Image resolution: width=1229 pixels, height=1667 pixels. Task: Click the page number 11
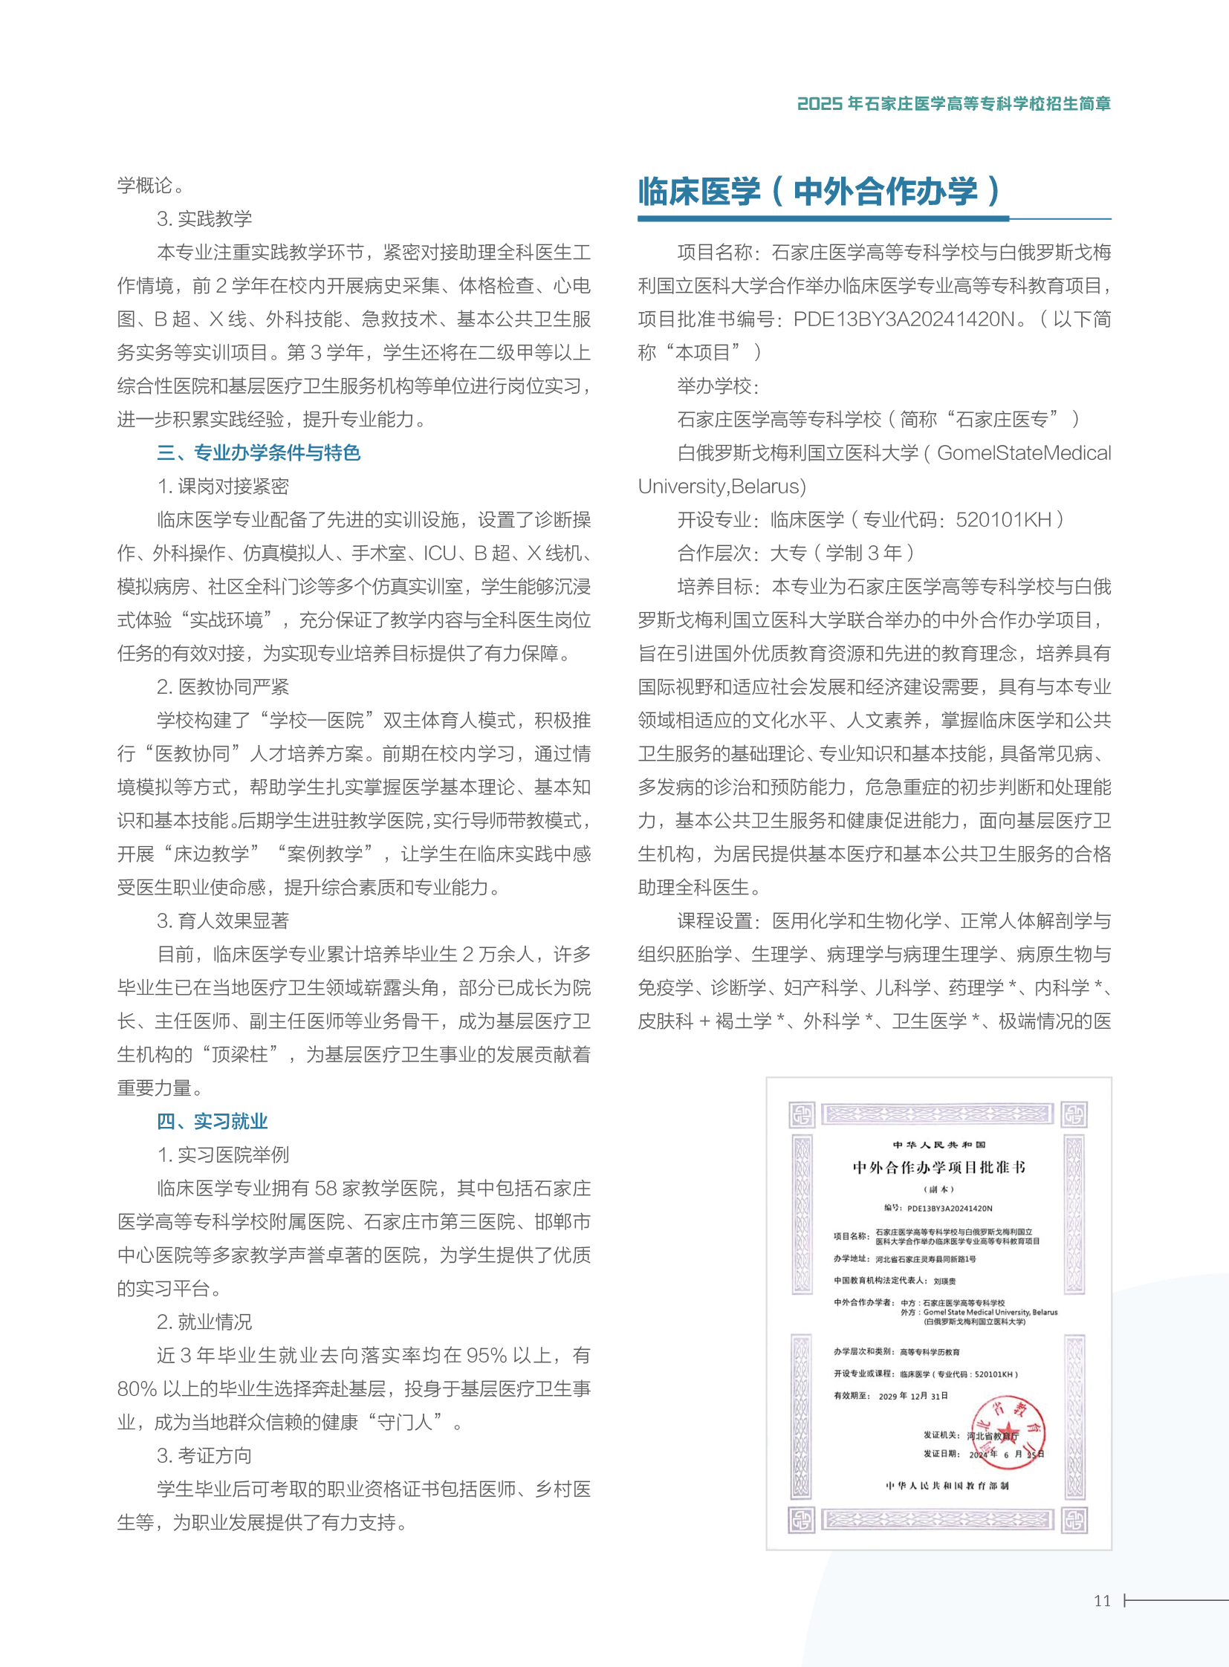pos(1102,1600)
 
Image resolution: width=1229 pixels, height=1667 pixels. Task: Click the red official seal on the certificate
pos(1009,1433)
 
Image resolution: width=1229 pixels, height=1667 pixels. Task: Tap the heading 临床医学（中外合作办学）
pos(818,192)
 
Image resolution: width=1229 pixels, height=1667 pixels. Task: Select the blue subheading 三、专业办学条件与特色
pos(258,452)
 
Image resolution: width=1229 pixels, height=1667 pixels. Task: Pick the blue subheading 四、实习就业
pos(212,1120)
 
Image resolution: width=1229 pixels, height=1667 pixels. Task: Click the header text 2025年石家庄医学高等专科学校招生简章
pos(953,103)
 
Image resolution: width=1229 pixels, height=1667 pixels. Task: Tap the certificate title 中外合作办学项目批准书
pos(938,1167)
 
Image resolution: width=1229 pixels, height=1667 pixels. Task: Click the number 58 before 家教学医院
pos(327,1188)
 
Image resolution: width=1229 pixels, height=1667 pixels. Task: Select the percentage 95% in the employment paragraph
pos(494,1354)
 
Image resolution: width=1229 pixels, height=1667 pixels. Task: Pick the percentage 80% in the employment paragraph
pos(137,1388)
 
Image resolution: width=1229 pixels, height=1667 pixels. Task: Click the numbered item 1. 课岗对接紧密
pos(222,486)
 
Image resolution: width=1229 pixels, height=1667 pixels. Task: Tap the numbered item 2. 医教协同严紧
pos(222,686)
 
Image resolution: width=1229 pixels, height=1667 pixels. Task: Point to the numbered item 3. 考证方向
pos(204,1455)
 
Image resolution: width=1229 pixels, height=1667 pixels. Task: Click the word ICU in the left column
pos(439,553)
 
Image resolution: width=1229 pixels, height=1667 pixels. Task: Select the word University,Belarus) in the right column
pos(721,486)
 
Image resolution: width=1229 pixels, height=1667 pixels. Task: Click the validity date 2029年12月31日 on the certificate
pos(912,1397)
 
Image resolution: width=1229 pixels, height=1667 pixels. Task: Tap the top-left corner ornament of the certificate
pos(802,1114)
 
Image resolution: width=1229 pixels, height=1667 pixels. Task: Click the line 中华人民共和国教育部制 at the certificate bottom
pos(947,1486)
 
